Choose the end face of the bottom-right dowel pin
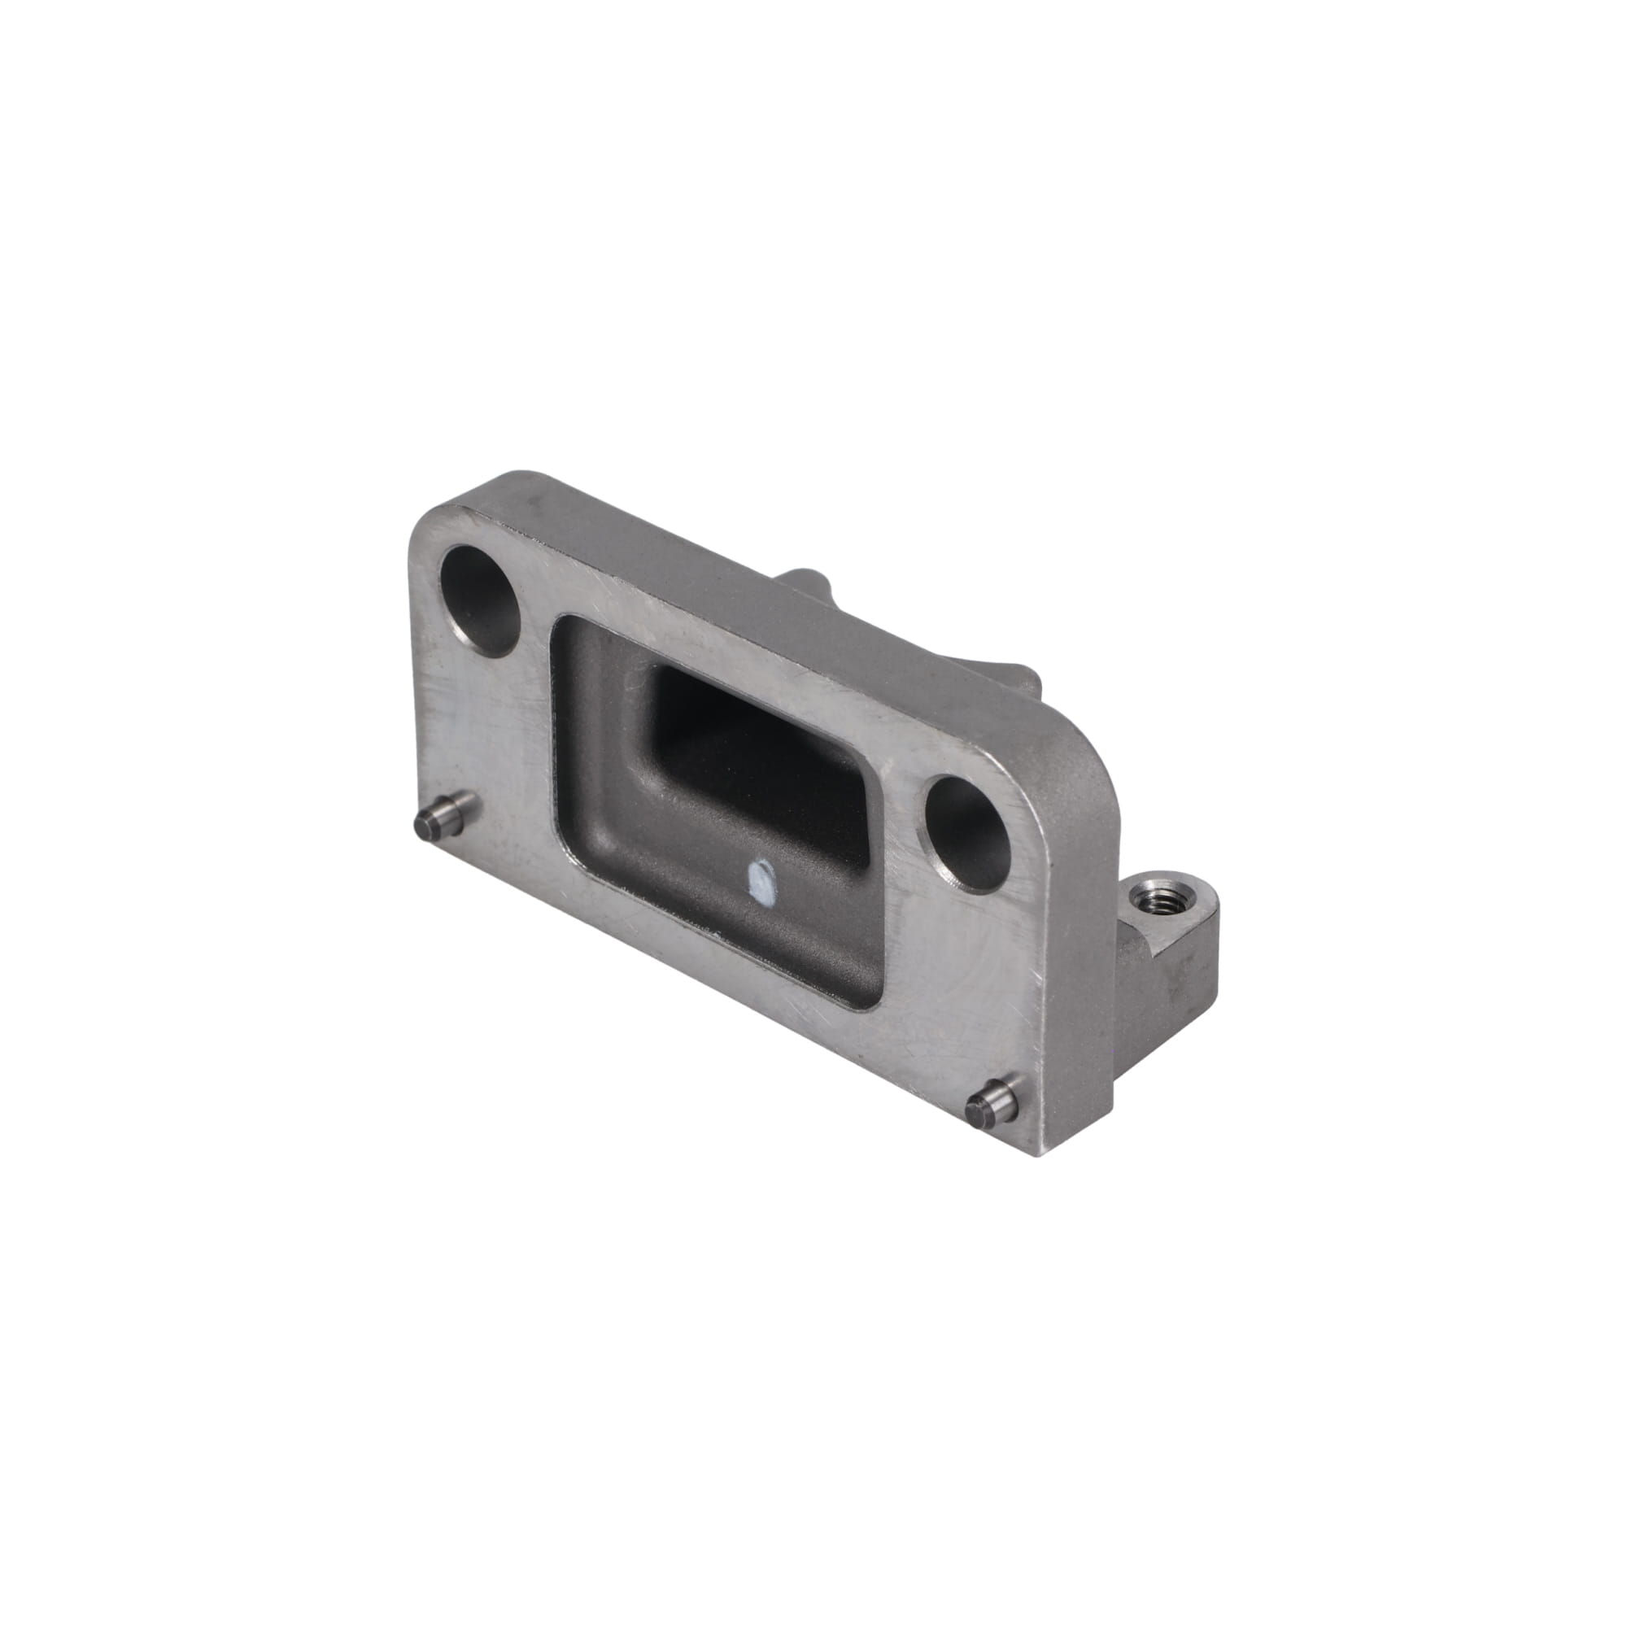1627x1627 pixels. coord(979,1110)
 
